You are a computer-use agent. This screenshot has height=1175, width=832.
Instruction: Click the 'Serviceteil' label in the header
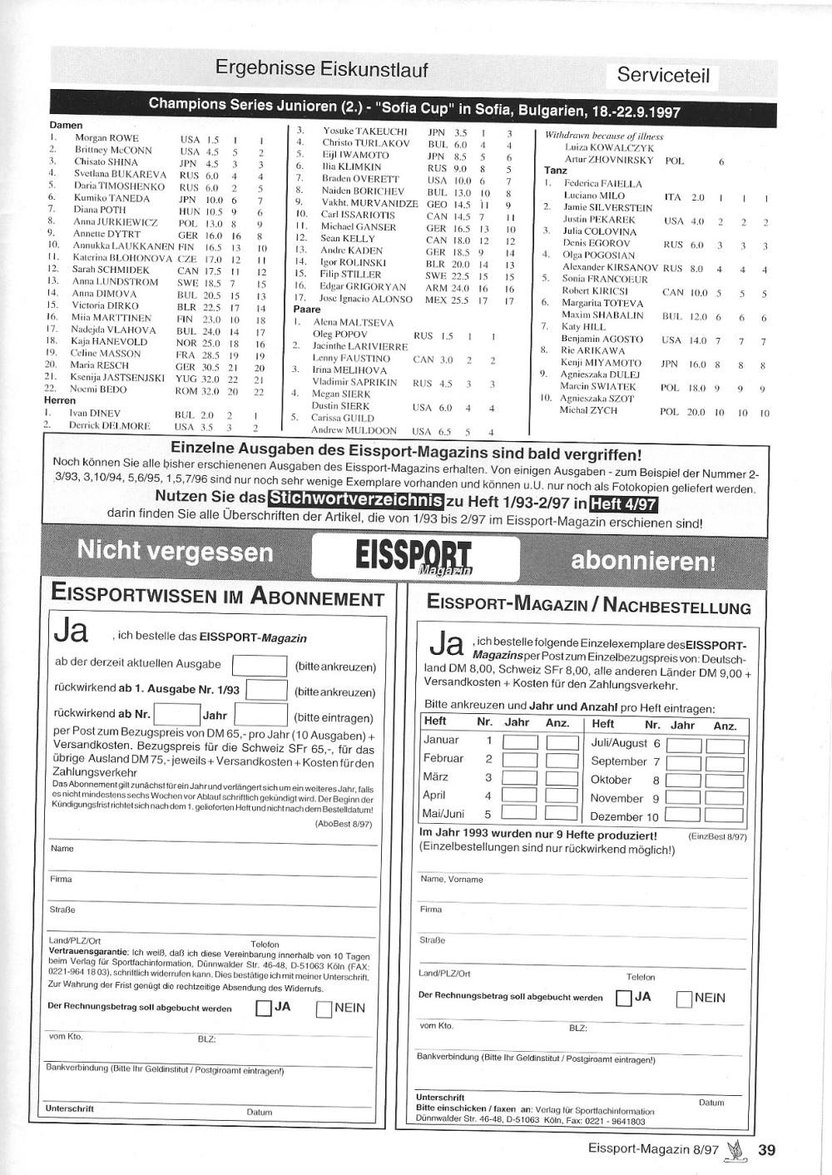click(663, 76)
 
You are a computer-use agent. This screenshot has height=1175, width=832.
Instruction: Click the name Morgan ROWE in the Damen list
click(106, 138)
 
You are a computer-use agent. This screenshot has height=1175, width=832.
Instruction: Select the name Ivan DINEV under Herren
click(94, 413)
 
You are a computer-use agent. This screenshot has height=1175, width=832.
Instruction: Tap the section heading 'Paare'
click(307, 310)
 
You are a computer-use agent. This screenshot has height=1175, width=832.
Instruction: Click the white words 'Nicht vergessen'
click(175, 551)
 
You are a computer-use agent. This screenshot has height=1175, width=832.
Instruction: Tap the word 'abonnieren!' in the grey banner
click(642, 561)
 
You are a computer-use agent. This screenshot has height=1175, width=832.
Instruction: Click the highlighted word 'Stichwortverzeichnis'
click(355, 500)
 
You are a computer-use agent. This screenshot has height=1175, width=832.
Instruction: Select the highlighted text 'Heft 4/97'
click(623, 503)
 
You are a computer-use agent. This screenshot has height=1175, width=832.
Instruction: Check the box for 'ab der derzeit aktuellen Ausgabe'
click(259, 665)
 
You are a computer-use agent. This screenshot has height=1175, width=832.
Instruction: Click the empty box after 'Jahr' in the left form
click(260, 715)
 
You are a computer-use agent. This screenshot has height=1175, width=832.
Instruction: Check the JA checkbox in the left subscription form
click(264, 1009)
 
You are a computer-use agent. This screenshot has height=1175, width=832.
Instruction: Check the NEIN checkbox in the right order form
click(684, 999)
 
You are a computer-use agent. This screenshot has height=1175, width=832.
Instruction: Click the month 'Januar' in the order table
click(441, 740)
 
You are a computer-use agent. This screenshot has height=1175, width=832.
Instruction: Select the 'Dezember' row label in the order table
click(617, 817)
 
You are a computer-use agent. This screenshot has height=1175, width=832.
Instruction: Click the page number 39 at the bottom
click(766, 1150)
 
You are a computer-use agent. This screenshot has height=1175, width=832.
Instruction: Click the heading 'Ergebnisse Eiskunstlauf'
click(321, 68)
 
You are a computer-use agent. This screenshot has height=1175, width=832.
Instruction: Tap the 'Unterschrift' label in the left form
click(69, 1108)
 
